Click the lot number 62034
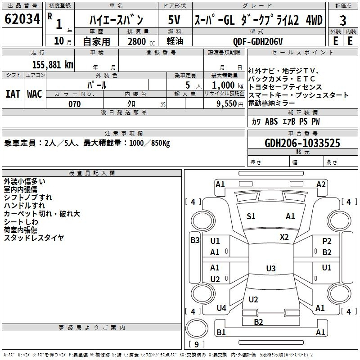22,19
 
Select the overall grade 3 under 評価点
343,21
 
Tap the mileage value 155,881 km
53,65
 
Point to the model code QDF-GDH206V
257,41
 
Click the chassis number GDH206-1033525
302,143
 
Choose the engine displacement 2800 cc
141,41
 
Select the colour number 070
75,104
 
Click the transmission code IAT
13,94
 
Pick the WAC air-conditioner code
35,94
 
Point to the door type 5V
174,20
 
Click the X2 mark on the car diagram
284,237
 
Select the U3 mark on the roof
271,268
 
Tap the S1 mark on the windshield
251,216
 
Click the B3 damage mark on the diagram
195,240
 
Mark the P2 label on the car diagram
327,241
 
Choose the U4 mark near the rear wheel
221,308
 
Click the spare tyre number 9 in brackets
197,344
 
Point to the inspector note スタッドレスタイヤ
34,238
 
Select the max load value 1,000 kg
228,85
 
